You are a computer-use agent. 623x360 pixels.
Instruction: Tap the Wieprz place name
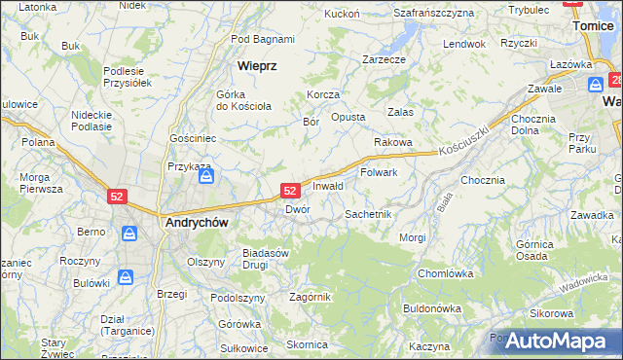point(258,66)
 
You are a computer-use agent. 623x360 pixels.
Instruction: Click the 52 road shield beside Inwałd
point(290,191)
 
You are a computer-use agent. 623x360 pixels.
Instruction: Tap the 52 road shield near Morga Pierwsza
point(117,196)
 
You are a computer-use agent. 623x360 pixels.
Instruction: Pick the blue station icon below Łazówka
point(593,83)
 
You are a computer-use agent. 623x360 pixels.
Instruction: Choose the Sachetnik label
point(368,213)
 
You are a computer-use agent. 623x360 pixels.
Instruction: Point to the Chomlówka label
point(445,273)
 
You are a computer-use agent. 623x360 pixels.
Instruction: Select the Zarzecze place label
point(384,59)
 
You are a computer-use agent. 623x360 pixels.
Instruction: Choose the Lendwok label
point(463,45)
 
